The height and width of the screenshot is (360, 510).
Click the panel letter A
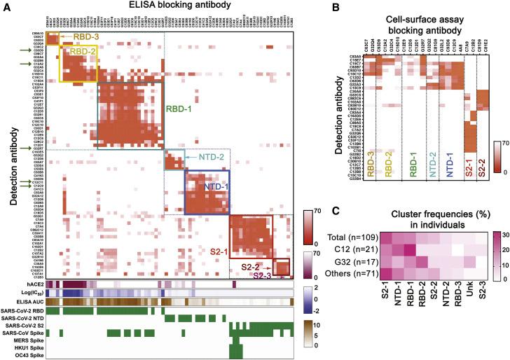point(6,6)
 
